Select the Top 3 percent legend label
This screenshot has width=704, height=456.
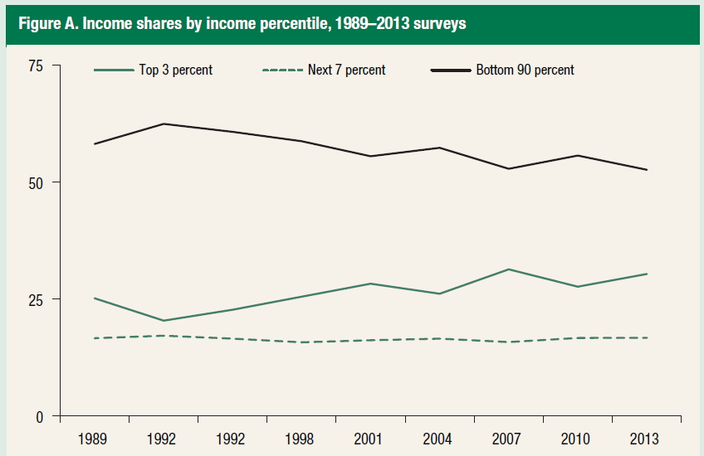pyautogui.click(x=175, y=70)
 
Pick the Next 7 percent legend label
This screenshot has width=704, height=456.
pyautogui.click(x=348, y=70)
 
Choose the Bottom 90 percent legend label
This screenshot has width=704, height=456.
pyautogui.click(x=525, y=70)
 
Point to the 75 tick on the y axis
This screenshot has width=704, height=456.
pyautogui.click(x=37, y=65)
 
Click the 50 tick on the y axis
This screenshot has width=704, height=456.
pyautogui.click(x=37, y=182)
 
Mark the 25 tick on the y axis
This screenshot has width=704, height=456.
pyautogui.click(x=37, y=299)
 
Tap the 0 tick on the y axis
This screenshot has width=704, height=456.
pyautogui.click(x=40, y=416)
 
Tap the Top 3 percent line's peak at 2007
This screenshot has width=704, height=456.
pyautogui.click(x=507, y=269)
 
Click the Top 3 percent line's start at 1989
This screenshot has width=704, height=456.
pyautogui.click(x=95, y=298)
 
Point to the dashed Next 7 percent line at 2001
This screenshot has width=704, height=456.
pyautogui.click(x=370, y=340)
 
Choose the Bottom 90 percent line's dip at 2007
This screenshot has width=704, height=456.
pyautogui.click(x=507, y=169)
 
